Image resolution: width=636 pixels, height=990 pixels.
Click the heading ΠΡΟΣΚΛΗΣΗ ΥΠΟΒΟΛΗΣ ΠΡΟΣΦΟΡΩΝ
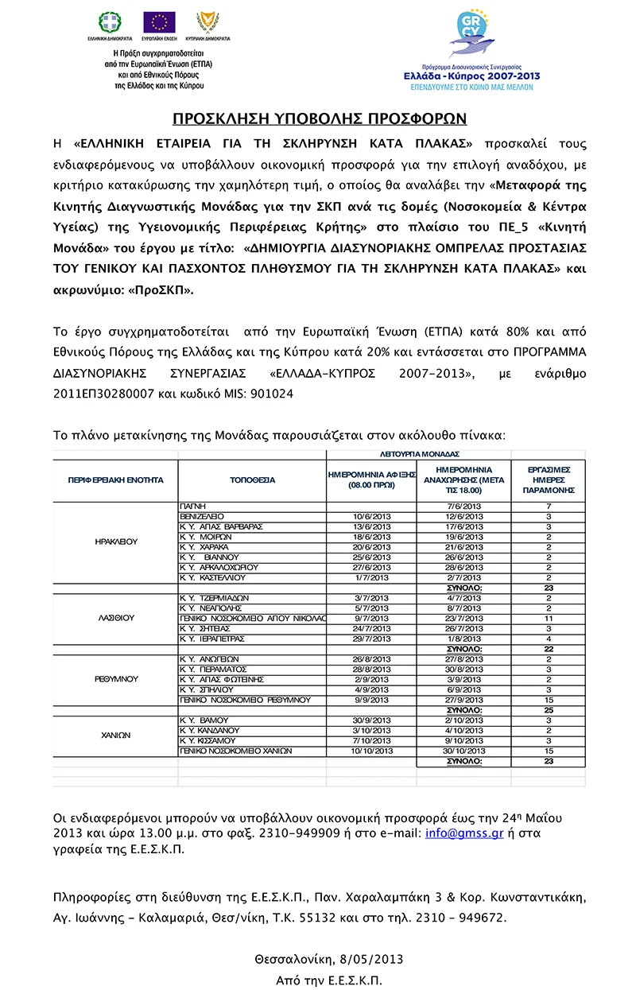(320, 119)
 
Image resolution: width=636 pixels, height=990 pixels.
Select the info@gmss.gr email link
(455, 833)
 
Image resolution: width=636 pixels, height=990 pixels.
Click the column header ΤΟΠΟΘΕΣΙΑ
(252, 480)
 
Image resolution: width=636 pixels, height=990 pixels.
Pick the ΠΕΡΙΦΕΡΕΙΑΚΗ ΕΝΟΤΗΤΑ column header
(116, 480)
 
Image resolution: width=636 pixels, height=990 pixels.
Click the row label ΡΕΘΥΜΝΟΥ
(116, 679)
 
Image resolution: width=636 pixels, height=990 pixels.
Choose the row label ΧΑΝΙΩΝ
(116, 735)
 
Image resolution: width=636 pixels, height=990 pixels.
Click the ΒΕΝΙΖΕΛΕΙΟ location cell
(204, 516)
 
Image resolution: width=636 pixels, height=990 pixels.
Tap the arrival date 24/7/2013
(371, 628)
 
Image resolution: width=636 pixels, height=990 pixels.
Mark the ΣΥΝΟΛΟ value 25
(548, 709)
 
